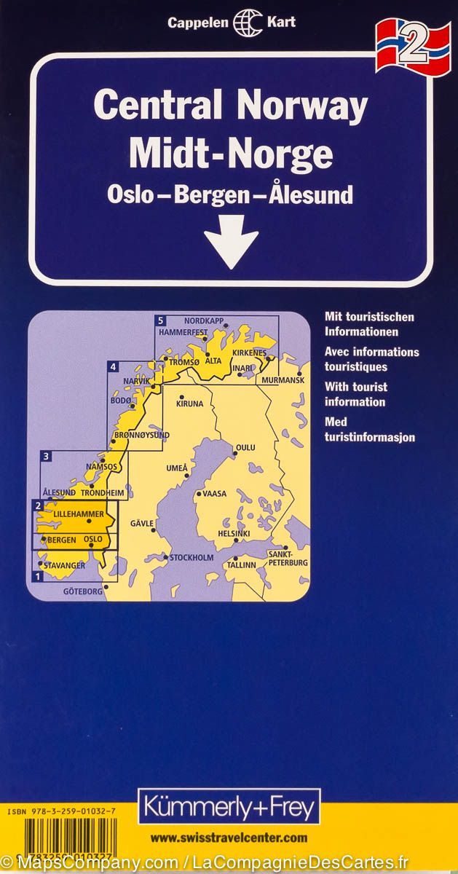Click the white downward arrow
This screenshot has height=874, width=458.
point(231,240)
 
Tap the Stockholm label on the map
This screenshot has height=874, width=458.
point(193,558)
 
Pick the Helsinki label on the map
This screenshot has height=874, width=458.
point(234,534)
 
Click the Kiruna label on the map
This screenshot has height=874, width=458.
point(189,402)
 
